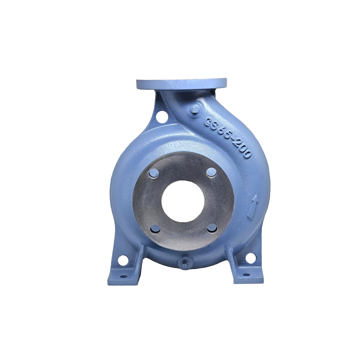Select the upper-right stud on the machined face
point(211,172)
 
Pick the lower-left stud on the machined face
point(155,230)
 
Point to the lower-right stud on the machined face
point(211,230)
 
